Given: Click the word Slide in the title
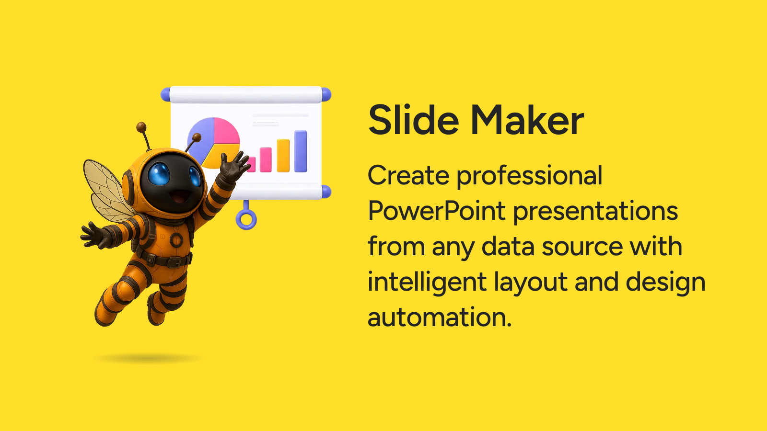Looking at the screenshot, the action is [413, 120].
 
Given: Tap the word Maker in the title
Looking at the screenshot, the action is [527, 120].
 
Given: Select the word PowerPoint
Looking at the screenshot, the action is [437, 211].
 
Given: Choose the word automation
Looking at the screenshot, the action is [439, 317].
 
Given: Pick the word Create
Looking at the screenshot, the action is [408, 175].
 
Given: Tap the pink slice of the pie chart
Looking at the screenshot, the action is [226, 131].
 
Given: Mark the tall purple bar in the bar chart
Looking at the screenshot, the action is [300, 151].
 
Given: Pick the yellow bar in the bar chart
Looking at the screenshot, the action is [283, 155].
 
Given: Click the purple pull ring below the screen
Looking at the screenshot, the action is [246, 219].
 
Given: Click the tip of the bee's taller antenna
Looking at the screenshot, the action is [141, 127].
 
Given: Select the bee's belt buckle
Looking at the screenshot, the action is [174, 262].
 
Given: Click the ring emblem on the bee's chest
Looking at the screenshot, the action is [176, 240].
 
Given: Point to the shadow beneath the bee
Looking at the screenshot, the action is [148, 359].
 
